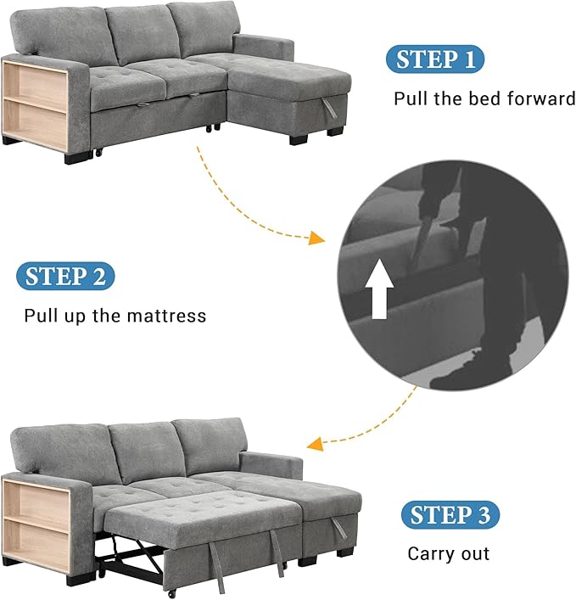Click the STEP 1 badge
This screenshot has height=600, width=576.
tap(435, 59)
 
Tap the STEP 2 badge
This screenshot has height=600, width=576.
tap(65, 276)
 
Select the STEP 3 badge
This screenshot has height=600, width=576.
tap(450, 514)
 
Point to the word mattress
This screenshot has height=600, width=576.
tap(166, 316)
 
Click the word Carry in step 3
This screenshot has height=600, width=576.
tap(429, 554)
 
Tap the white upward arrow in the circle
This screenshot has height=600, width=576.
tap(379, 289)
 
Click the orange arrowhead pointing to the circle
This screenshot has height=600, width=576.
tap(316, 238)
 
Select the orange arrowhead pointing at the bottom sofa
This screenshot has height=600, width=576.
tap(315, 445)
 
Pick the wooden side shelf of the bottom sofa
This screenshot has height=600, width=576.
tap(36, 525)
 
